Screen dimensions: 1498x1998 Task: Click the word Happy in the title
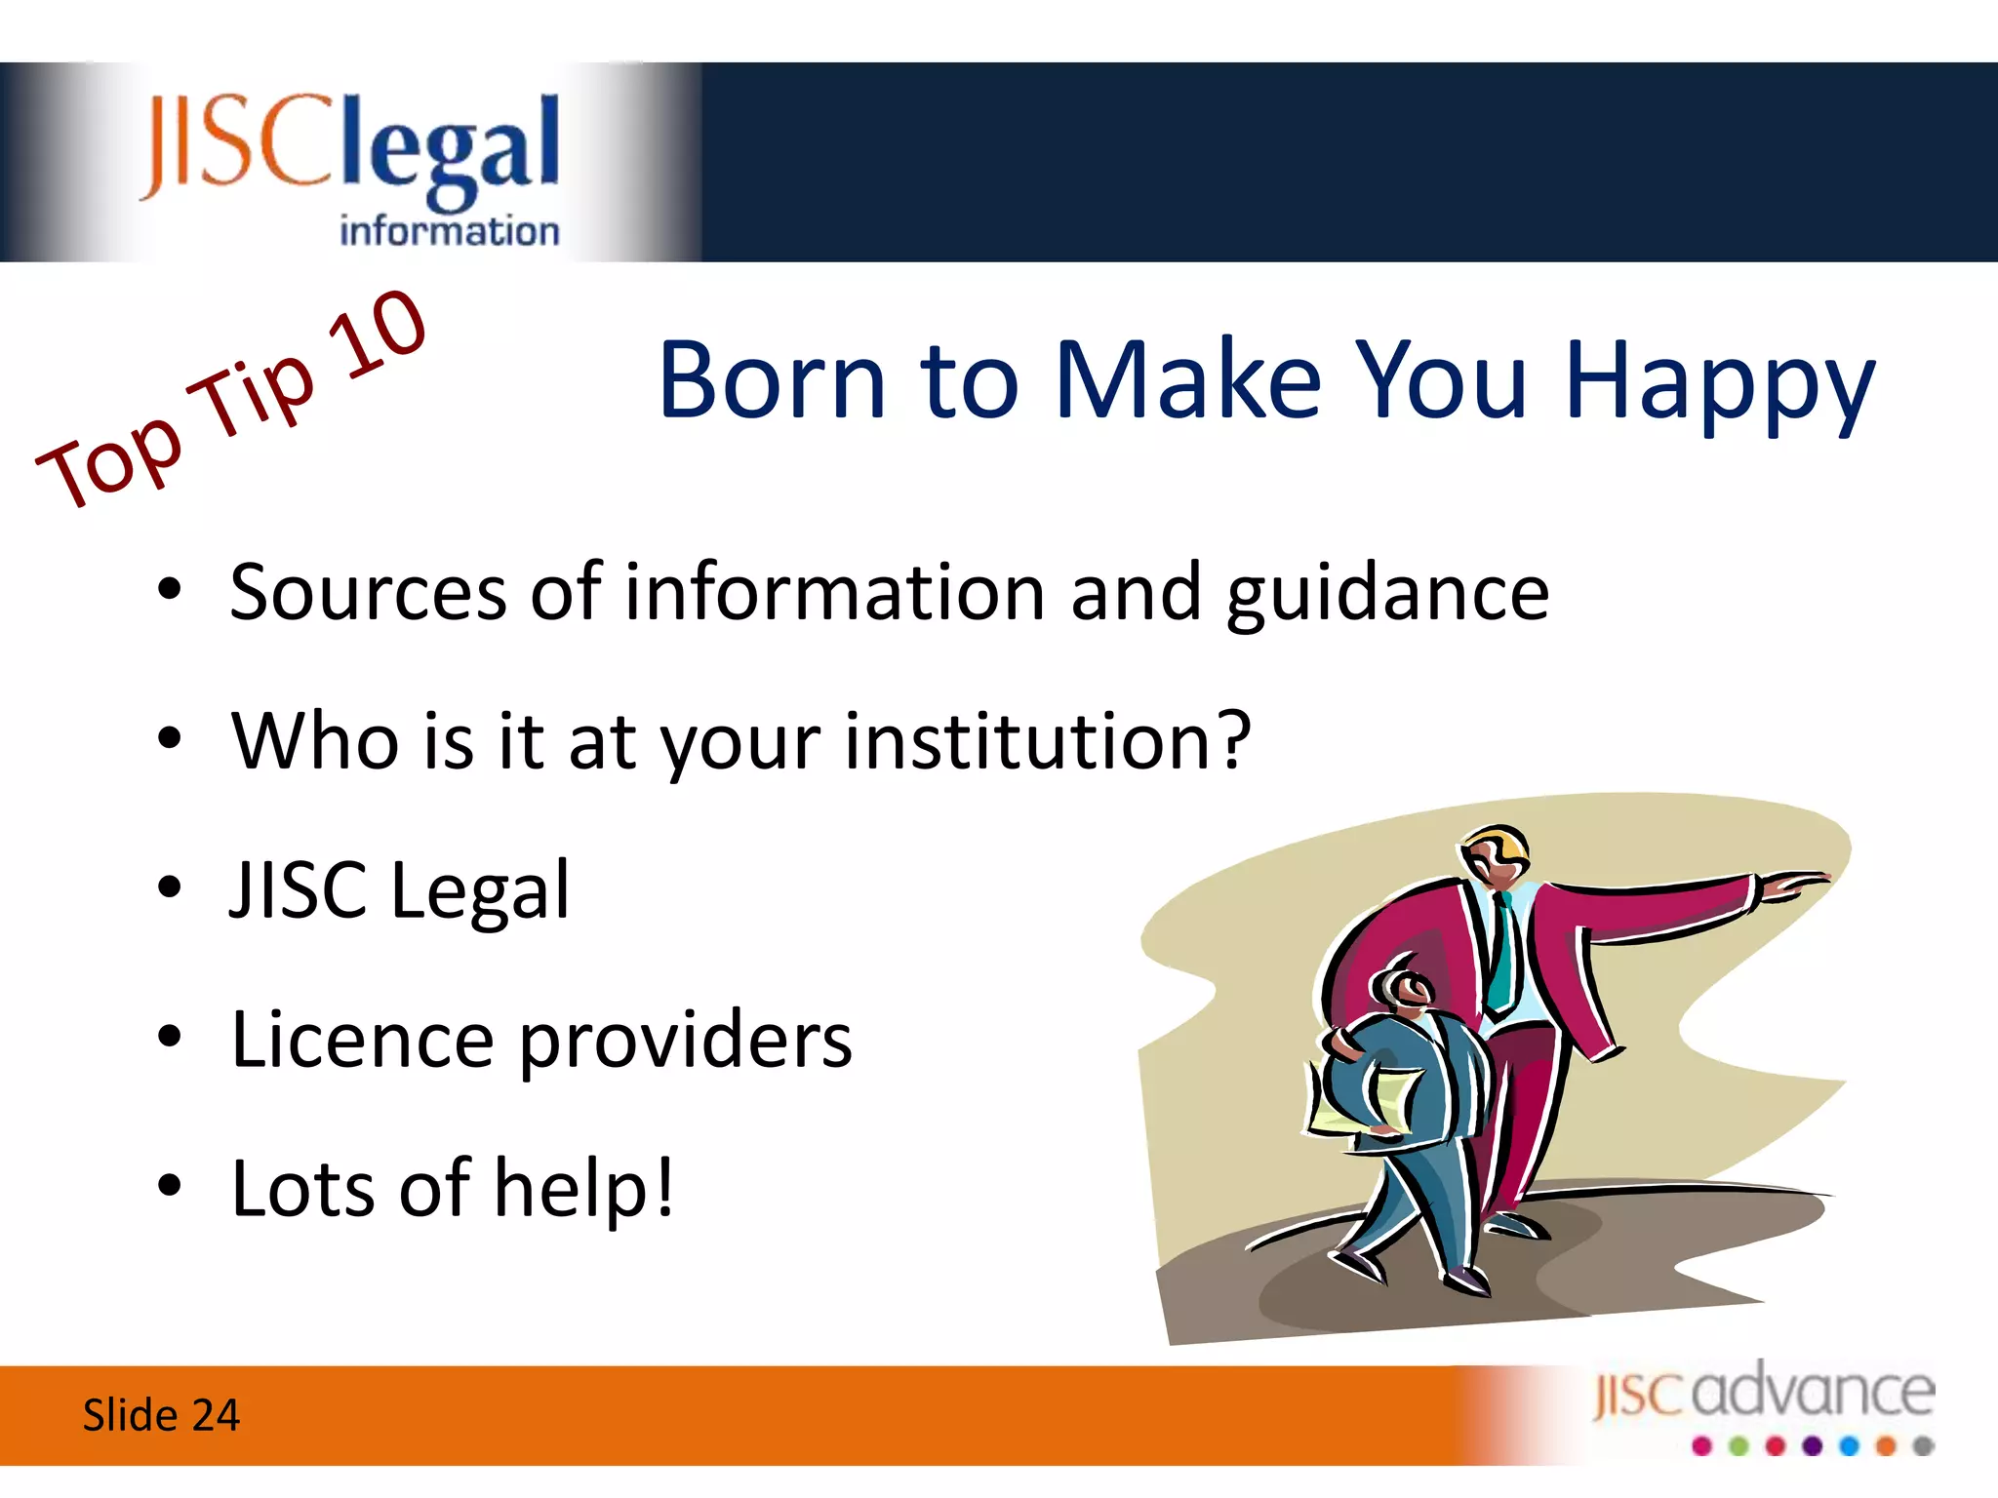click(x=1719, y=382)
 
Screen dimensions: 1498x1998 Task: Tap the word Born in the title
click(x=772, y=380)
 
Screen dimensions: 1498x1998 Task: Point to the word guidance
click(x=1387, y=595)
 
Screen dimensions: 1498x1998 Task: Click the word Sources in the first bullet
click(x=368, y=593)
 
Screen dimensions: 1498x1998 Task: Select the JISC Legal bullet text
click(x=399, y=890)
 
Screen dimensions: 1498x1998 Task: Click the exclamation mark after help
click(x=664, y=1188)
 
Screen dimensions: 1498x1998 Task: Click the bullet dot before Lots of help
click(x=170, y=1186)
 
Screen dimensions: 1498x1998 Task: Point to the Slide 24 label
click(x=161, y=1415)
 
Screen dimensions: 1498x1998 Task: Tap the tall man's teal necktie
click(x=1501, y=956)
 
